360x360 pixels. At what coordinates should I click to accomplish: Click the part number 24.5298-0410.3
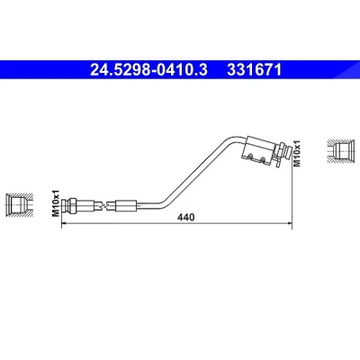(x=148, y=70)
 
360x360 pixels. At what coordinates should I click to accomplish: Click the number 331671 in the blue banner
(x=255, y=70)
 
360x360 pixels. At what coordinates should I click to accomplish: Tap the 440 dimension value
(x=185, y=217)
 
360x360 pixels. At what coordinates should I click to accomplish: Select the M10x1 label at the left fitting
(x=56, y=203)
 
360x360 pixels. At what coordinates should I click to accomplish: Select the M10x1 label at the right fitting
(x=296, y=153)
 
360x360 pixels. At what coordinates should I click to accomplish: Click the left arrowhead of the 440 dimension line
(x=64, y=223)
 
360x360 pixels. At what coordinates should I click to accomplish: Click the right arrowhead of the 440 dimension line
(x=290, y=223)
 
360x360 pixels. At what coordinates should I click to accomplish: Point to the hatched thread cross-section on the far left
(x=19, y=205)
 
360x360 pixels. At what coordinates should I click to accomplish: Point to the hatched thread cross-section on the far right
(x=340, y=151)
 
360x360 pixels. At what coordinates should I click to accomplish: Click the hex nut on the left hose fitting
(x=72, y=205)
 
